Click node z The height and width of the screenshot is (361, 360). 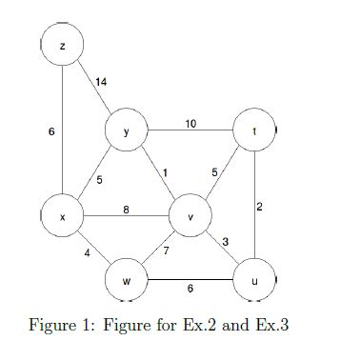click(63, 45)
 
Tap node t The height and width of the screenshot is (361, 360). click(255, 134)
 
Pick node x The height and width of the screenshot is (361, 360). click(63, 217)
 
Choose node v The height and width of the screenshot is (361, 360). click(190, 217)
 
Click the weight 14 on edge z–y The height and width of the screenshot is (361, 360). click(102, 83)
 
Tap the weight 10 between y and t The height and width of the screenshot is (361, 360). click(190, 124)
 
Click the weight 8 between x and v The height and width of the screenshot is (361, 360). click(126, 210)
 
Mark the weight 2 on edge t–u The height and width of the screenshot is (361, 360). click(259, 206)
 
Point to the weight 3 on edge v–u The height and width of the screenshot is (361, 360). click(225, 242)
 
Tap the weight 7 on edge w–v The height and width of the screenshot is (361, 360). click(166, 251)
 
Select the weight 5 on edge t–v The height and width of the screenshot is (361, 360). click(215, 171)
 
